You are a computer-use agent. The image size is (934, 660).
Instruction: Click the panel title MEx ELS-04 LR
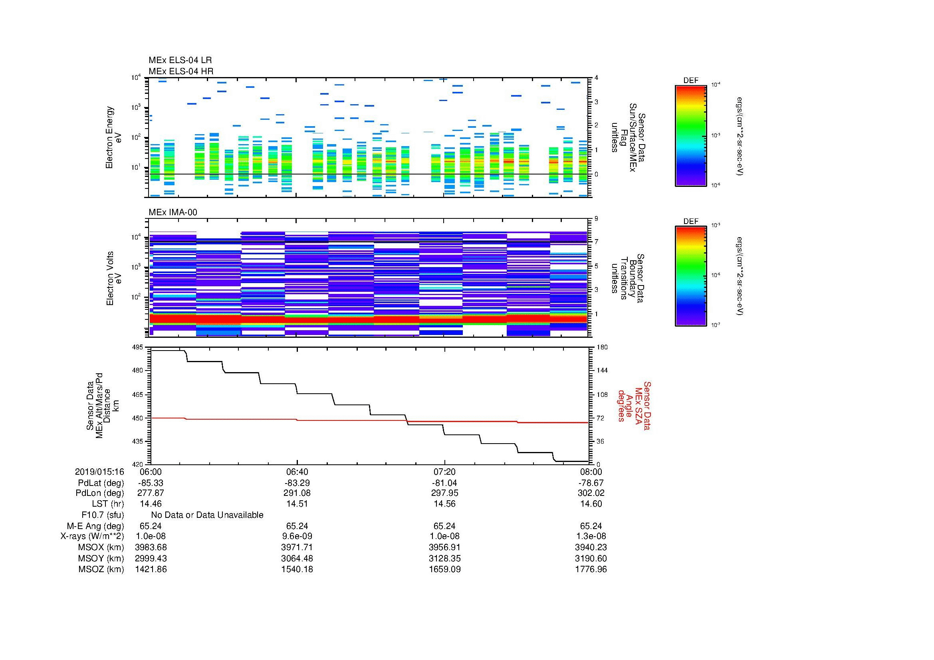click(x=180, y=60)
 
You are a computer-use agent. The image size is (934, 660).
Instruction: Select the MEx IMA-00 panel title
click(x=173, y=212)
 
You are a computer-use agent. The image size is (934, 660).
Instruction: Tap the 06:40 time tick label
click(x=297, y=472)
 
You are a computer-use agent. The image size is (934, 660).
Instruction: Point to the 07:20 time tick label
click(x=444, y=472)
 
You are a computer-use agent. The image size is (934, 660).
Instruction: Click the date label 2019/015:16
click(x=99, y=472)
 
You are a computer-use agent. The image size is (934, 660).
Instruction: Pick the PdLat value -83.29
click(x=297, y=483)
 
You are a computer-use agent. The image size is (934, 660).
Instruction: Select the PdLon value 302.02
click(x=591, y=493)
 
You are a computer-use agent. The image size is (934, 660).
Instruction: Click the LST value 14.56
click(x=444, y=504)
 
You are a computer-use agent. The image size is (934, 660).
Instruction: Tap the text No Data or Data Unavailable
click(x=207, y=515)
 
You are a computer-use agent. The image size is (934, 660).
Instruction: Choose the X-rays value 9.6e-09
click(x=297, y=536)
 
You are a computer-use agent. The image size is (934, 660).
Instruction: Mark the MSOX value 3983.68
click(x=151, y=547)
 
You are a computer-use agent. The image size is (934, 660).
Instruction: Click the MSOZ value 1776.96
click(x=591, y=569)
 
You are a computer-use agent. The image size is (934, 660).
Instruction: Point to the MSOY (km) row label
click(x=101, y=558)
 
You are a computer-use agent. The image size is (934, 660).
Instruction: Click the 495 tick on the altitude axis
click(x=138, y=347)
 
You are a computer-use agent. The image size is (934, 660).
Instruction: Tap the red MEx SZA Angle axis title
click(x=634, y=405)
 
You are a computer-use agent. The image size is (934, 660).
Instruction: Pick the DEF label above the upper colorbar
click(x=691, y=81)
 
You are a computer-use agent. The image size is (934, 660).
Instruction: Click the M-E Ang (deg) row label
click(x=95, y=526)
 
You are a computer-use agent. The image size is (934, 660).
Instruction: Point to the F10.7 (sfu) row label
click(x=103, y=515)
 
